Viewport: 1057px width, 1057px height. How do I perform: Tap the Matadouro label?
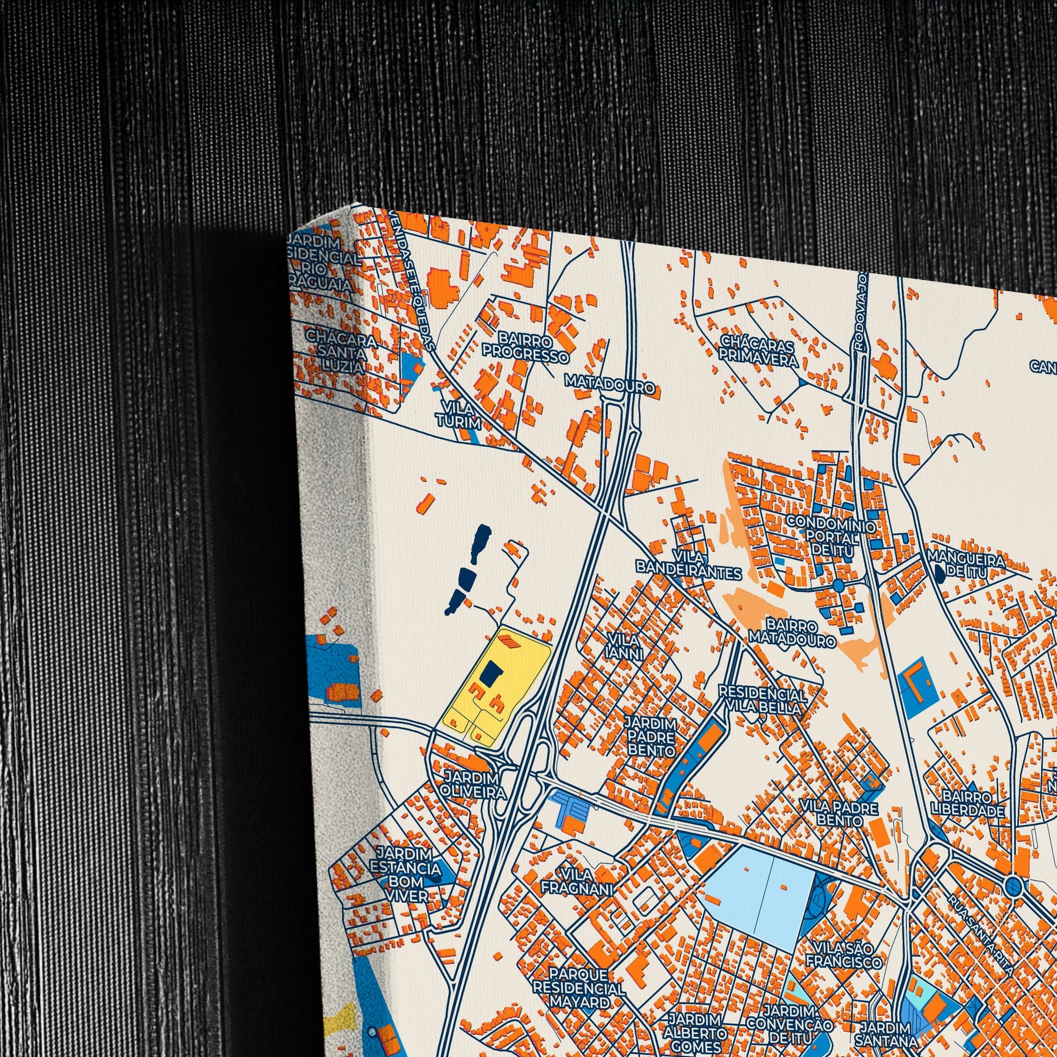[x=610, y=387]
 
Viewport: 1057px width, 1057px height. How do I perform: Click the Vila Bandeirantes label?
[x=689, y=565]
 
